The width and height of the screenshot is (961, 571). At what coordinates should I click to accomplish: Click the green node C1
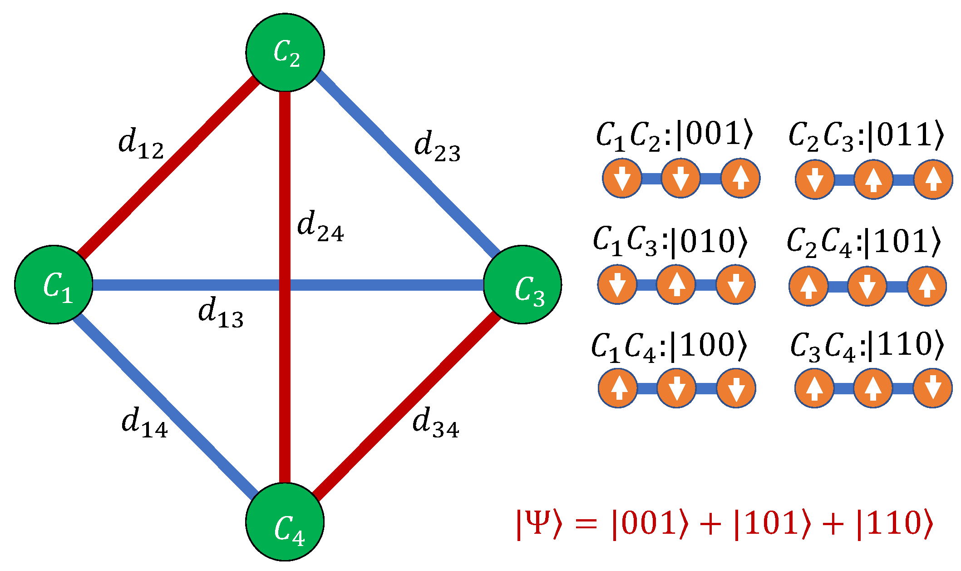[54, 284]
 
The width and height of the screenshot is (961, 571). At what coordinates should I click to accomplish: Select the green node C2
[285, 52]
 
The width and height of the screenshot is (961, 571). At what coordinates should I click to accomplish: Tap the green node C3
[522, 284]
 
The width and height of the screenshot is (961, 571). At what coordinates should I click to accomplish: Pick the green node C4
[285, 522]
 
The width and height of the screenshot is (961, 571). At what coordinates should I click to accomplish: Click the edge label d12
[141, 144]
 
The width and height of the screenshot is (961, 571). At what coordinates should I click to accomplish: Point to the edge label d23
[437, 147]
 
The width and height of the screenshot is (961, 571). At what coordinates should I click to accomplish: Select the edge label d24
[320, 226]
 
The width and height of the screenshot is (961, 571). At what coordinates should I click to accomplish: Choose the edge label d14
[144, 423]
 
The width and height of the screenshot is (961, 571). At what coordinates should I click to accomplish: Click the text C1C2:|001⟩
[674, 136]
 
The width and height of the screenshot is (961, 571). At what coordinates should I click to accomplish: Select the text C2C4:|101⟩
[864, 242]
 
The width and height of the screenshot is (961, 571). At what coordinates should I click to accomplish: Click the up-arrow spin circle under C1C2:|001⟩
[740, 178]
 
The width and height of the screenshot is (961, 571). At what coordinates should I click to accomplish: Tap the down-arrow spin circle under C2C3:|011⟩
[815, 179]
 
